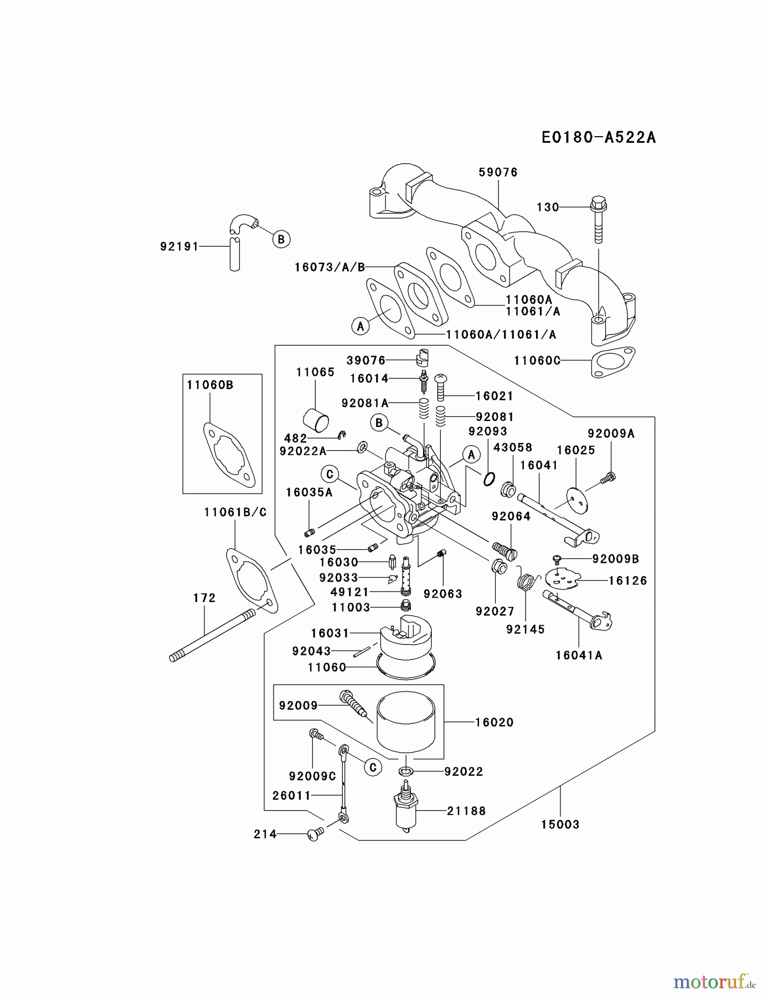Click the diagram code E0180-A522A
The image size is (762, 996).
[x=599, y=137]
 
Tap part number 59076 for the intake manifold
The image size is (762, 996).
[x=498, y=172]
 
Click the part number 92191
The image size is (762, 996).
[x=179, y=246]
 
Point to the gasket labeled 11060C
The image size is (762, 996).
[x=614, y=362]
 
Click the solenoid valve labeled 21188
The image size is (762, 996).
[x=406, y=805]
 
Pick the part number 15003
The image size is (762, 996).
[x=560, y=824]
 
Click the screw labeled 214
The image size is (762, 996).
[x=315, y=834]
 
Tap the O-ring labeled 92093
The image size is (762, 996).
[x=488, y=479]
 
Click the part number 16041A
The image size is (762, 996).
[x=579, y=655]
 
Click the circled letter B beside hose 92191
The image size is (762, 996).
[x=281, y=239]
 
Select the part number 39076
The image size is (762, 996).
[x=366, y=360]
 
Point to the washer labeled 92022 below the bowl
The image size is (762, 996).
[x=405, y=771]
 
